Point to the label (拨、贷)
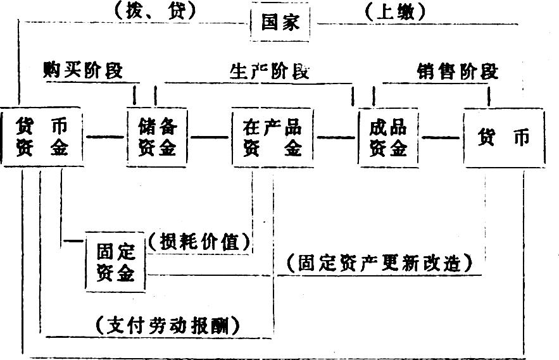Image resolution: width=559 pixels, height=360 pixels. (156, 11)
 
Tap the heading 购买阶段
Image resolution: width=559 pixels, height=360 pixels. (83, 70)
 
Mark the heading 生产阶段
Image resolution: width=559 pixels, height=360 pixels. (269, 71)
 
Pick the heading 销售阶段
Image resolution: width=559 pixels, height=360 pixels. (458, 71)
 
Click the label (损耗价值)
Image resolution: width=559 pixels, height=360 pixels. (199, 242)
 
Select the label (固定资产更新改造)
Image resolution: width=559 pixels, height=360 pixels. (380, 263)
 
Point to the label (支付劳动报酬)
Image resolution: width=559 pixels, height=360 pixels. (168, 325)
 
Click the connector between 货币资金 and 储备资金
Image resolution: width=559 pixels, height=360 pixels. (105, 137)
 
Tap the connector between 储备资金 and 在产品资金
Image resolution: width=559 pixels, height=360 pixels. (210, 137)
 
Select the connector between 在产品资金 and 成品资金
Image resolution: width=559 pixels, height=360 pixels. (336, 137)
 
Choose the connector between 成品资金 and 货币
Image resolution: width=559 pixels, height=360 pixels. (441, 137)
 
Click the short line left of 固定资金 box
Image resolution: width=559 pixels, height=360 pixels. (73, 241)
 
